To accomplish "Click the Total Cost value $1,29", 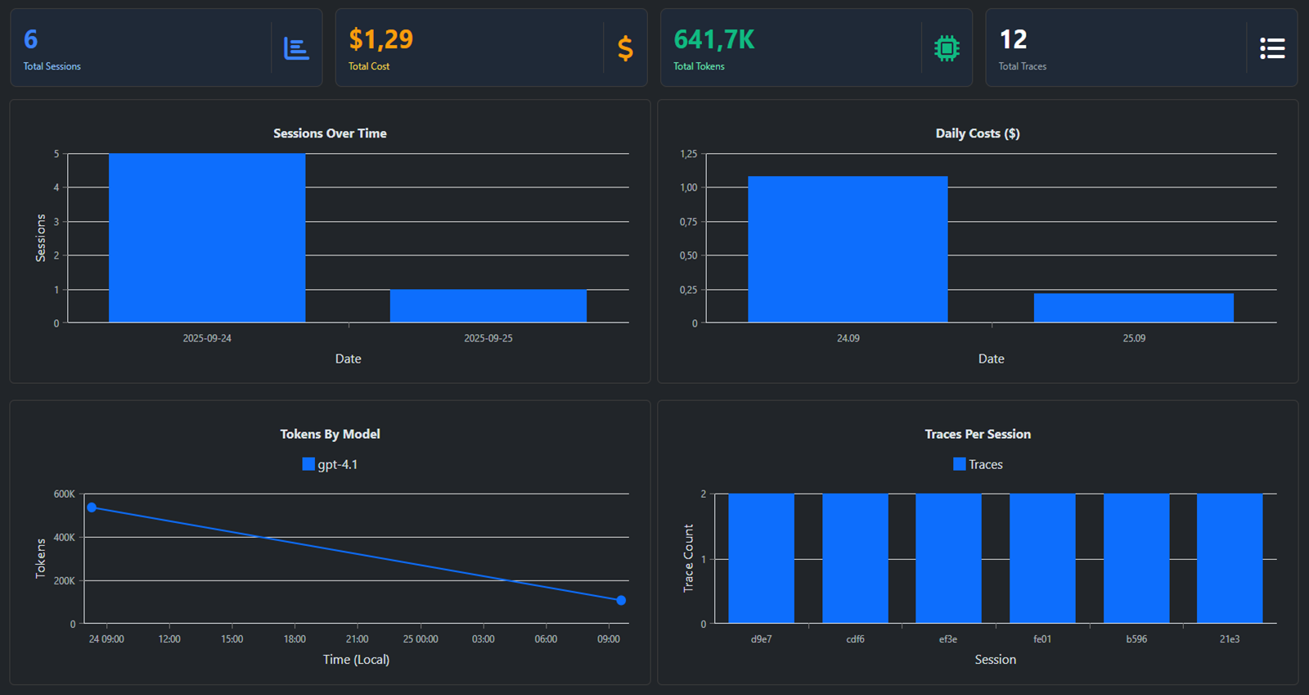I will click(x=380, y=39).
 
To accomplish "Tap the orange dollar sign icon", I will click(x=625, y=48).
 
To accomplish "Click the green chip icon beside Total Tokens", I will click(x=947, y=48).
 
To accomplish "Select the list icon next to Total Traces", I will click(x=1271, y=48).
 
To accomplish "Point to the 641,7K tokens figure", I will click(x=713, y=39).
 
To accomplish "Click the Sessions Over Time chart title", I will click(x=330, y=133).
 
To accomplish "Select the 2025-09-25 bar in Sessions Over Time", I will click(x=488, y=305).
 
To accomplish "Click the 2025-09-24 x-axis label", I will click(x=207, y=338).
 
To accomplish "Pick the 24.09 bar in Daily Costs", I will click(x=848, y=250).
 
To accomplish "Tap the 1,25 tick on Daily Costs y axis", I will click(x=688, y=154).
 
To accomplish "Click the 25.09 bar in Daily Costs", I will click(x=1133, y=308).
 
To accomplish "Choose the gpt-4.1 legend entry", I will click(x=330, y=464).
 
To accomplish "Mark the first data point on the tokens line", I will click(x=92, y=508).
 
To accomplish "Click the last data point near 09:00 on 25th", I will click(x=621, y=600).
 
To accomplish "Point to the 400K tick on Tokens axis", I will click(x=64, y=537).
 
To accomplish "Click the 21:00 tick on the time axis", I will click(x=357, y=639).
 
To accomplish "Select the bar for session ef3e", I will click(x=948, y=558).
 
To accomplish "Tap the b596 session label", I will click(x=1136, y=639).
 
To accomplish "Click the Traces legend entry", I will click(x=978, y=464).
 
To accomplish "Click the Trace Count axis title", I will click(x=688, y=558).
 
